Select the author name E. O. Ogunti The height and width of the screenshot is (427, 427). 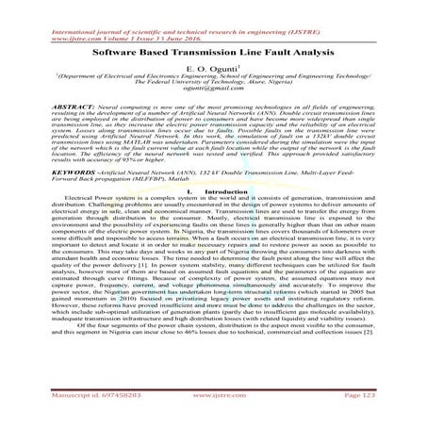click(x=213, y=69)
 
